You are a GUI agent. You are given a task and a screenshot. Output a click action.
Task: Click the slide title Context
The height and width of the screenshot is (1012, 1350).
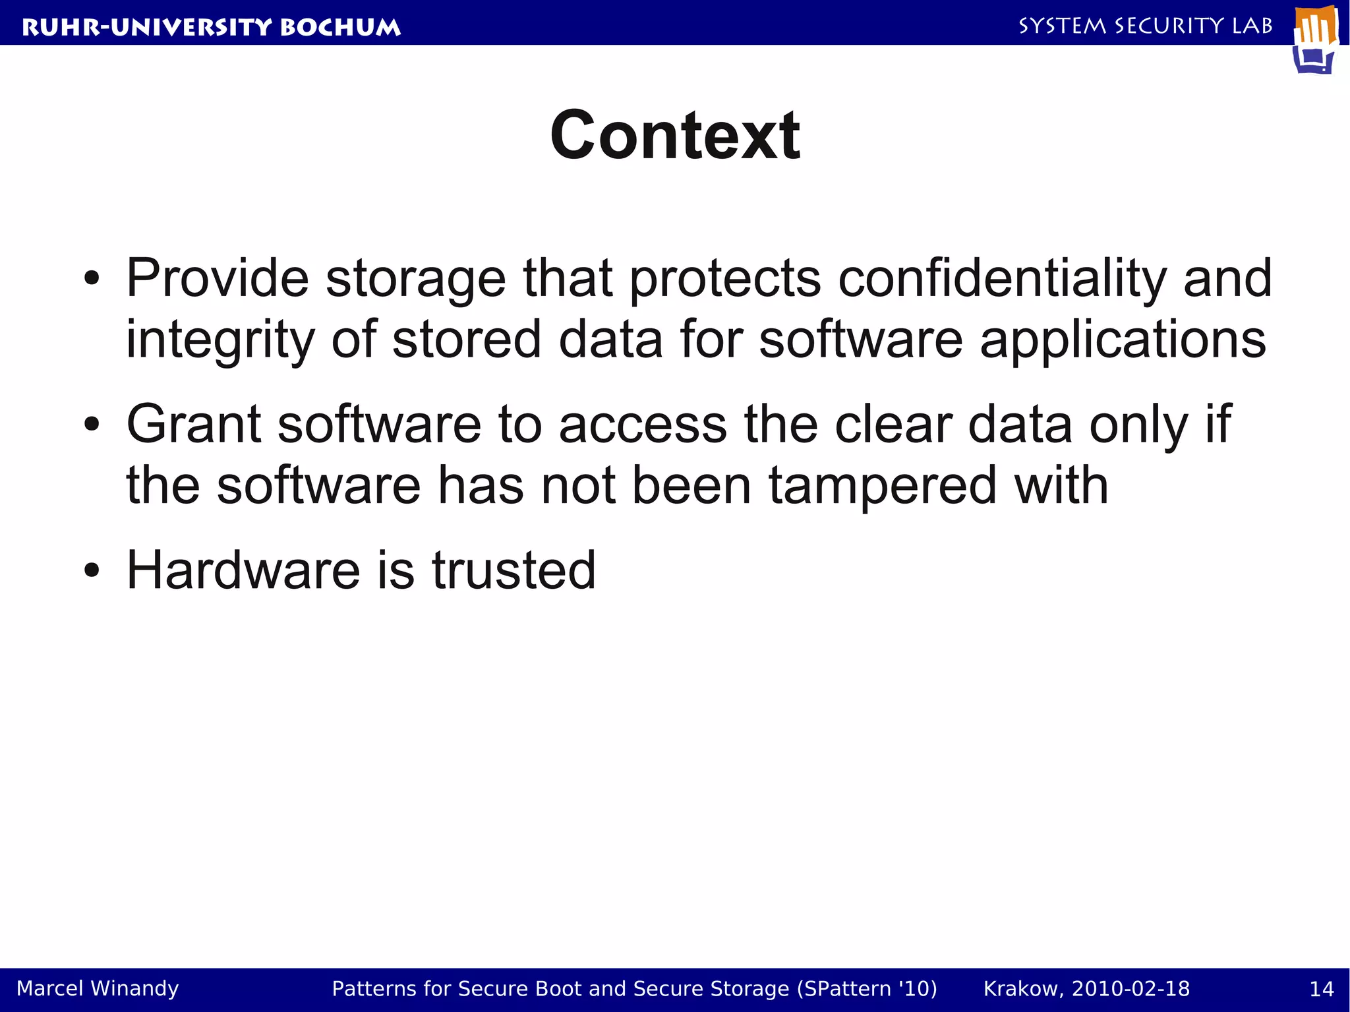pos(674,135)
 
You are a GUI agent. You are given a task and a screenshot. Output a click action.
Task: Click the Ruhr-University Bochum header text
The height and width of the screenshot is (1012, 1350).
pos(211,27)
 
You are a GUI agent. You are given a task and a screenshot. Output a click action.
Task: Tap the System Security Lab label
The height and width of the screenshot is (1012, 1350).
pos(1145,26)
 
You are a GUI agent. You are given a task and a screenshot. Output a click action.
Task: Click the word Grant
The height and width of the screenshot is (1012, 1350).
pos(194,424)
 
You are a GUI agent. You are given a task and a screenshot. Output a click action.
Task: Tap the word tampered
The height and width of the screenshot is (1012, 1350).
pos(883,485)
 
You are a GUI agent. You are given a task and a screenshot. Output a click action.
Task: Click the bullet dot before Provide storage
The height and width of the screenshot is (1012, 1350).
pos(92,279)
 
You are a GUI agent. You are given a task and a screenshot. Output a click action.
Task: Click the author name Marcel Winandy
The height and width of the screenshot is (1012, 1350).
pos(98,988)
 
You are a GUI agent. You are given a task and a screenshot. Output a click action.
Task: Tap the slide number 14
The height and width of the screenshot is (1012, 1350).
pos(1321,989)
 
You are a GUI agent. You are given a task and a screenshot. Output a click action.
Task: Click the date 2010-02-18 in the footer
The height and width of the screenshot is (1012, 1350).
pos(1130,989)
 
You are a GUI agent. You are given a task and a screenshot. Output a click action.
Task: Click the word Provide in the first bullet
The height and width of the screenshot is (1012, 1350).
pos(218,279)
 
